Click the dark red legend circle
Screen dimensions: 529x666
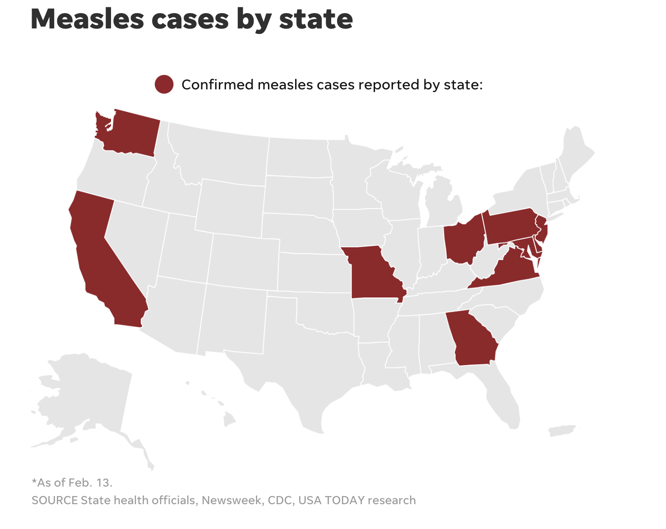164,84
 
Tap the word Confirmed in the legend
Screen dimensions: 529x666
217,85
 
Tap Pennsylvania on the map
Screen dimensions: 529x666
508,226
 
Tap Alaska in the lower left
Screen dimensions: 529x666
86,397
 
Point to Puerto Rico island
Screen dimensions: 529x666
562,431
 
